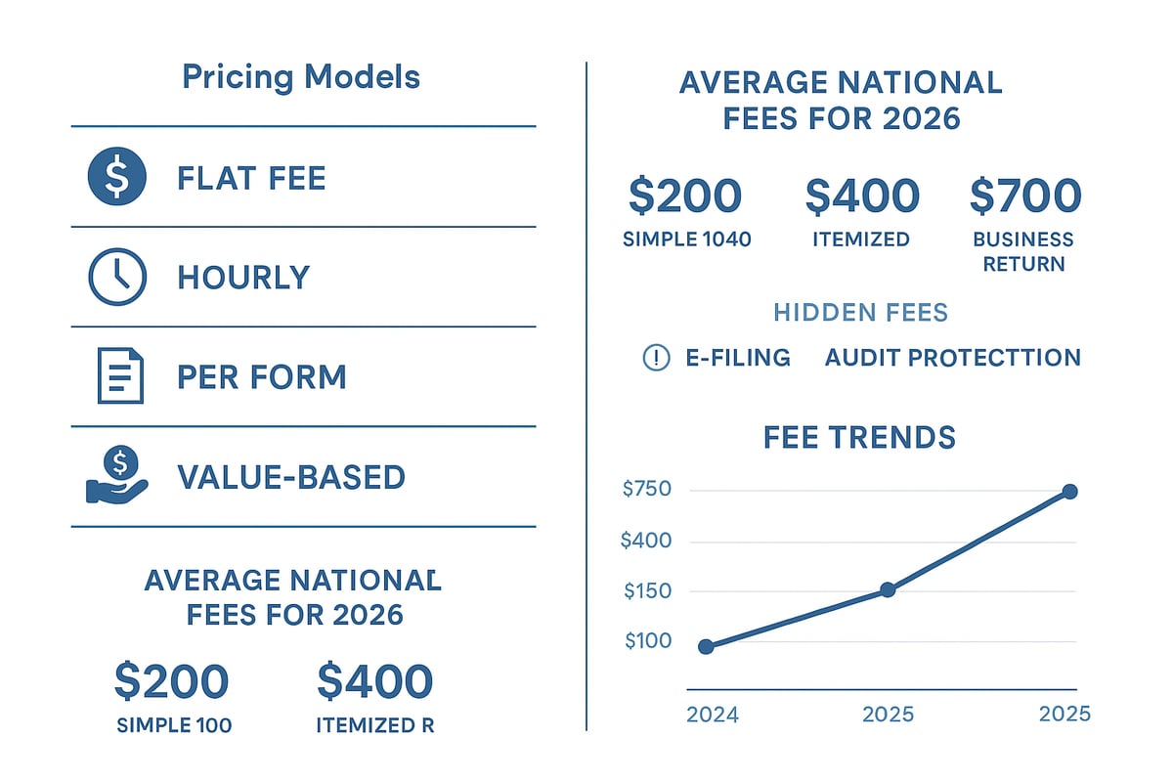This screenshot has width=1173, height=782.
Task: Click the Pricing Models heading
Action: [301, 77]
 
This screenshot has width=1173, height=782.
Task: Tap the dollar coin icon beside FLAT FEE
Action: [116, 177]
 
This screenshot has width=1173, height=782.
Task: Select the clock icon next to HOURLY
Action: [116, 277]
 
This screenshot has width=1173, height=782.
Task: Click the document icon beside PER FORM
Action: [119, 376]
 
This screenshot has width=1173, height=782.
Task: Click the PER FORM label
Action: [261, 377]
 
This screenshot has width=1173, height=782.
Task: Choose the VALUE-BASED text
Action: [290, 477]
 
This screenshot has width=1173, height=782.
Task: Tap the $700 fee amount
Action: [1024, 195]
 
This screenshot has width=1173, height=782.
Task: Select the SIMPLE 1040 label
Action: [686, 239]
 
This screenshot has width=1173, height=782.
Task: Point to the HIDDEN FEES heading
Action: [860, 313]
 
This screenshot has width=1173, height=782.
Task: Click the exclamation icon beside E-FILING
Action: [655, 358]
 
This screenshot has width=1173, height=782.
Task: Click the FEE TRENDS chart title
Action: [859, 437]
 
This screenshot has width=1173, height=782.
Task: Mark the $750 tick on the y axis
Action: [646, 489]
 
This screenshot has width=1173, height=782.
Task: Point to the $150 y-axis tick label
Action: [646, 591]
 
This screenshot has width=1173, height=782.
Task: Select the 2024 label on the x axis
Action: [713, 715]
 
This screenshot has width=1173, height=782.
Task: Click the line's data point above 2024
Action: [706, 646]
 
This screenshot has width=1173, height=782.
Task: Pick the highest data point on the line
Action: [1069, 491]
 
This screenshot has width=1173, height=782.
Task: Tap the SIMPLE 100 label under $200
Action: [173, 725]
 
